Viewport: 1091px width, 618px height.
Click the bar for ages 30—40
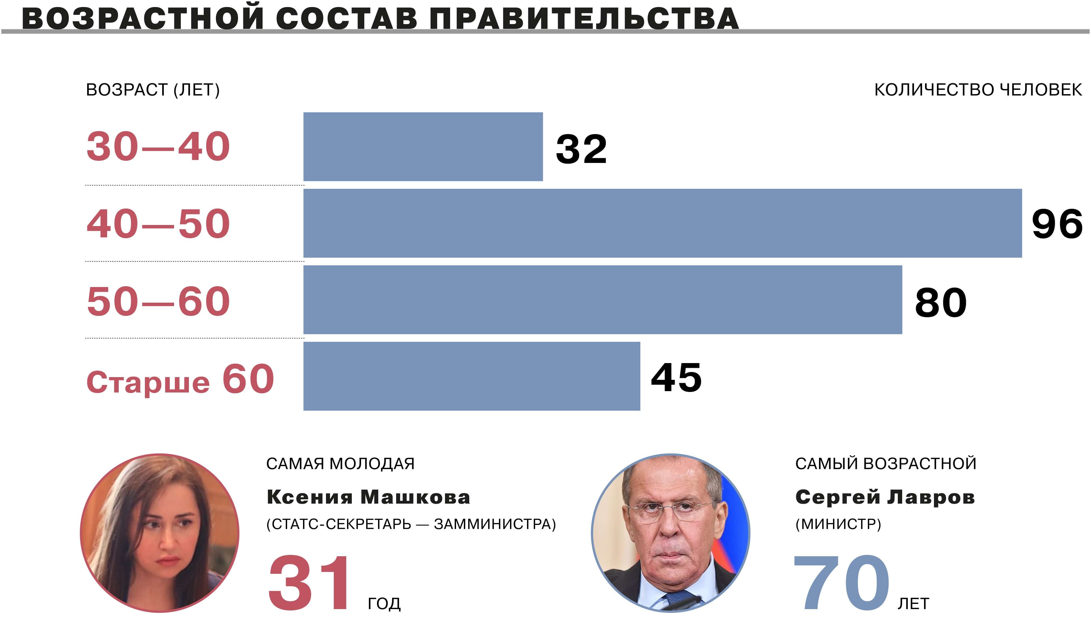pos(423,146)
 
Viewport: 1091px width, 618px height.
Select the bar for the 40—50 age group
pos(662,223)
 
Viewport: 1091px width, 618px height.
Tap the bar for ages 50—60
pos(603,300)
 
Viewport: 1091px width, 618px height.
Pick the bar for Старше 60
pos(471,376)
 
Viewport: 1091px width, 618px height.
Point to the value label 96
pos(1057,224)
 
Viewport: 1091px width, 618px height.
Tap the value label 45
pos(676,377)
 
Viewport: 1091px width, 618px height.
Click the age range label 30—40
pos(158,146)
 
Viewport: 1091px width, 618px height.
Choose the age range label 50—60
pos(158,301)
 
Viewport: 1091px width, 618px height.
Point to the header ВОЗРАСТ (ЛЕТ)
pos(153,90)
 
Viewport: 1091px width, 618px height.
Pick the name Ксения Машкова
pos(368,497)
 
